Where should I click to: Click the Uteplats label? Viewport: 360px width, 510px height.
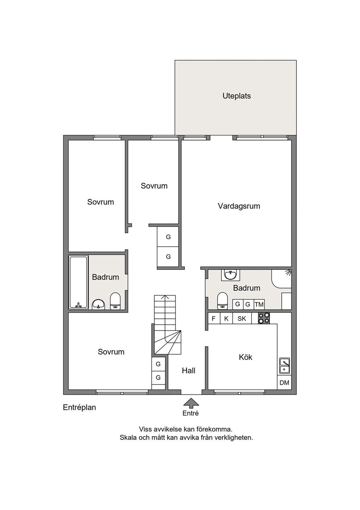tap(237, 96)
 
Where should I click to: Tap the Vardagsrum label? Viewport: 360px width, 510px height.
tap(239, 206)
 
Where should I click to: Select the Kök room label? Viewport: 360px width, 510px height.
tap(245, 357)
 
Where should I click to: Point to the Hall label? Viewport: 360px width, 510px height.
tap(188, 371)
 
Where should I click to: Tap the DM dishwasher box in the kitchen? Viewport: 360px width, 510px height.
tap(284, 383)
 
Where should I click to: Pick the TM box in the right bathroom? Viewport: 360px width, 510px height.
tap(259, 304)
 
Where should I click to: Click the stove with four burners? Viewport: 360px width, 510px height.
tap(264, 318)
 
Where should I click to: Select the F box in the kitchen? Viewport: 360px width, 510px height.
tap(214, 318)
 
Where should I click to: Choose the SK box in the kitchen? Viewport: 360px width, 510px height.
tap(242, 318)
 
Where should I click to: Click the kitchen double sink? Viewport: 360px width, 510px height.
tap(285, 366)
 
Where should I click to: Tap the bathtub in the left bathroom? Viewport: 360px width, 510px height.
tap(78, 282)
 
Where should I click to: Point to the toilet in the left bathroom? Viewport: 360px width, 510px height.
tap(115, 301)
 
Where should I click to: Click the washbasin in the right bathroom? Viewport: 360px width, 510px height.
tap(230, 275)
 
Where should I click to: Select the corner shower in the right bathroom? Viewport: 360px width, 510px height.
tap(282, 279)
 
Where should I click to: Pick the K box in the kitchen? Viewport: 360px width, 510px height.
tap(226, 318)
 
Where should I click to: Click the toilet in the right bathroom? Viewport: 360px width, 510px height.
tap(222, 301)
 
